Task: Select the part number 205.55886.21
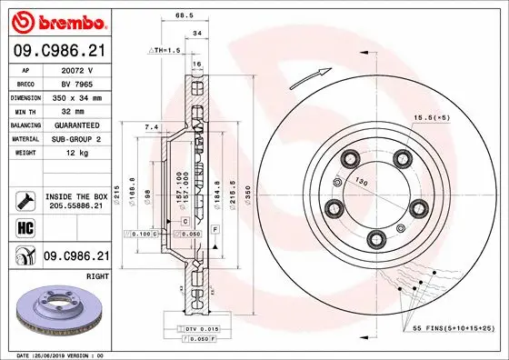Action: [x=77, y=206]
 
